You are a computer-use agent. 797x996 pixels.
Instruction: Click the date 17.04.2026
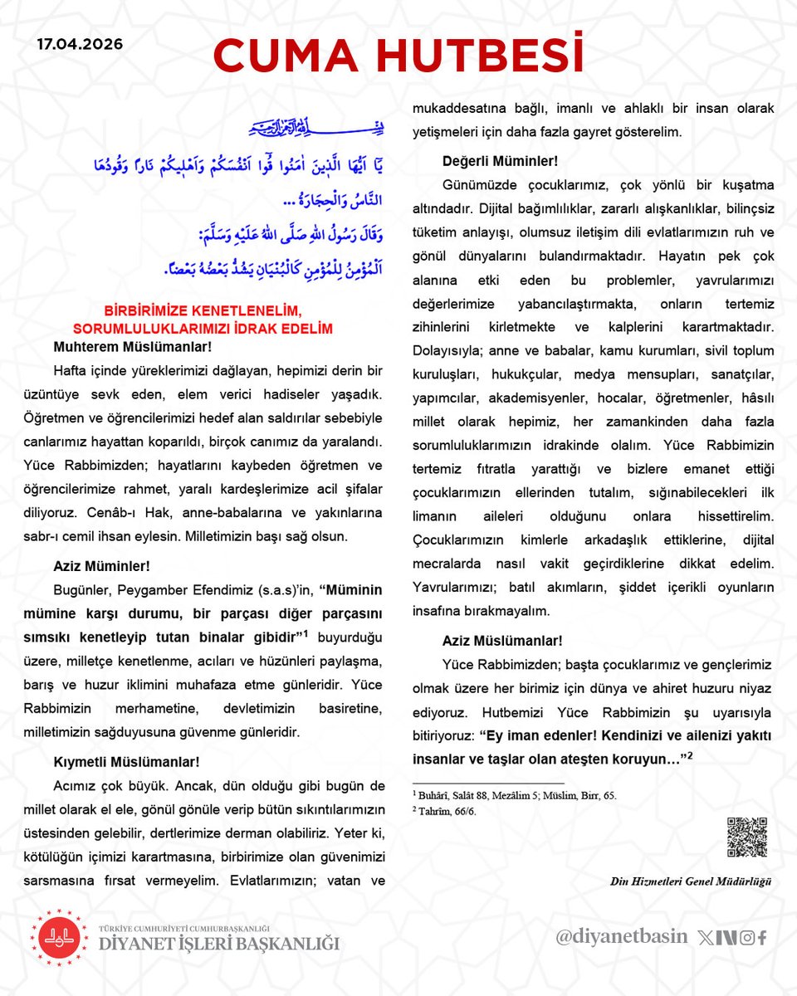pos(80,44)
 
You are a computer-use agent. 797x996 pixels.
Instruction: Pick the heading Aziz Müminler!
pos(101,567)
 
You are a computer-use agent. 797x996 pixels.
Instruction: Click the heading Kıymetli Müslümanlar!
pos(126,761)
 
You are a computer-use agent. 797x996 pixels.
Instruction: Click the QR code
pos(746,837)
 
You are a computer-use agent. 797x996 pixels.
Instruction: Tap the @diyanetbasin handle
pos(622,937)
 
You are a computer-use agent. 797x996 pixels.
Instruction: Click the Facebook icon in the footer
pos(761,938)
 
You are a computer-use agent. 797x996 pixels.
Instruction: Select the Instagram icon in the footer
pos(746,938)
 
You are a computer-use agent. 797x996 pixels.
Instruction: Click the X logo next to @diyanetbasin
pos(706,938)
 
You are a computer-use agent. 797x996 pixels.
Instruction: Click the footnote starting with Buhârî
pos(515,794)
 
